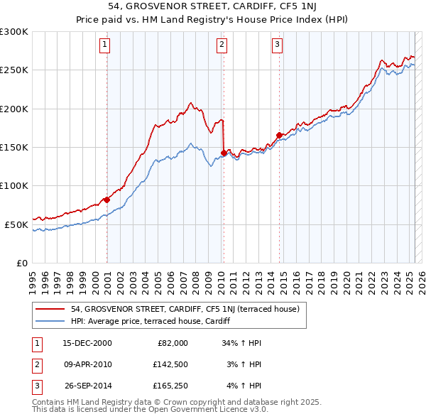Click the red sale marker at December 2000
point(107,200)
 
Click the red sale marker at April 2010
point(224,153)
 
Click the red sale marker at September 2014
point(280,135)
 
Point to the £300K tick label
point(14,32)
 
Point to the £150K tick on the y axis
point(14,147)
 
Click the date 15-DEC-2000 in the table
point(87,343)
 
